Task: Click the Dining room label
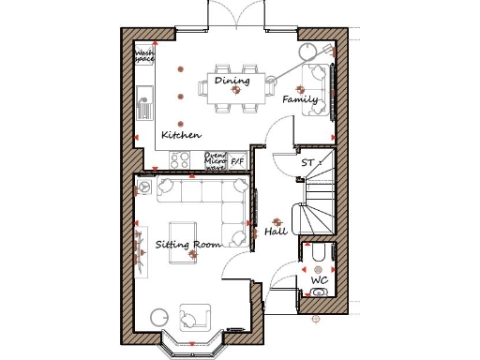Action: click(x=232, y=81)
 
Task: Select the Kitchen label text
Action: click(x=181, y=135)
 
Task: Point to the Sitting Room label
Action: click(x=187, y=245)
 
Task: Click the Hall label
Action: click(x=275, y=230)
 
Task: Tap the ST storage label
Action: click(x=307, y=163)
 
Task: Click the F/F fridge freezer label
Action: click(x=237, y=161)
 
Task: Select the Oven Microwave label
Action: click(x=216, y=161)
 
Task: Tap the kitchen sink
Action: click(x=144, y=100)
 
